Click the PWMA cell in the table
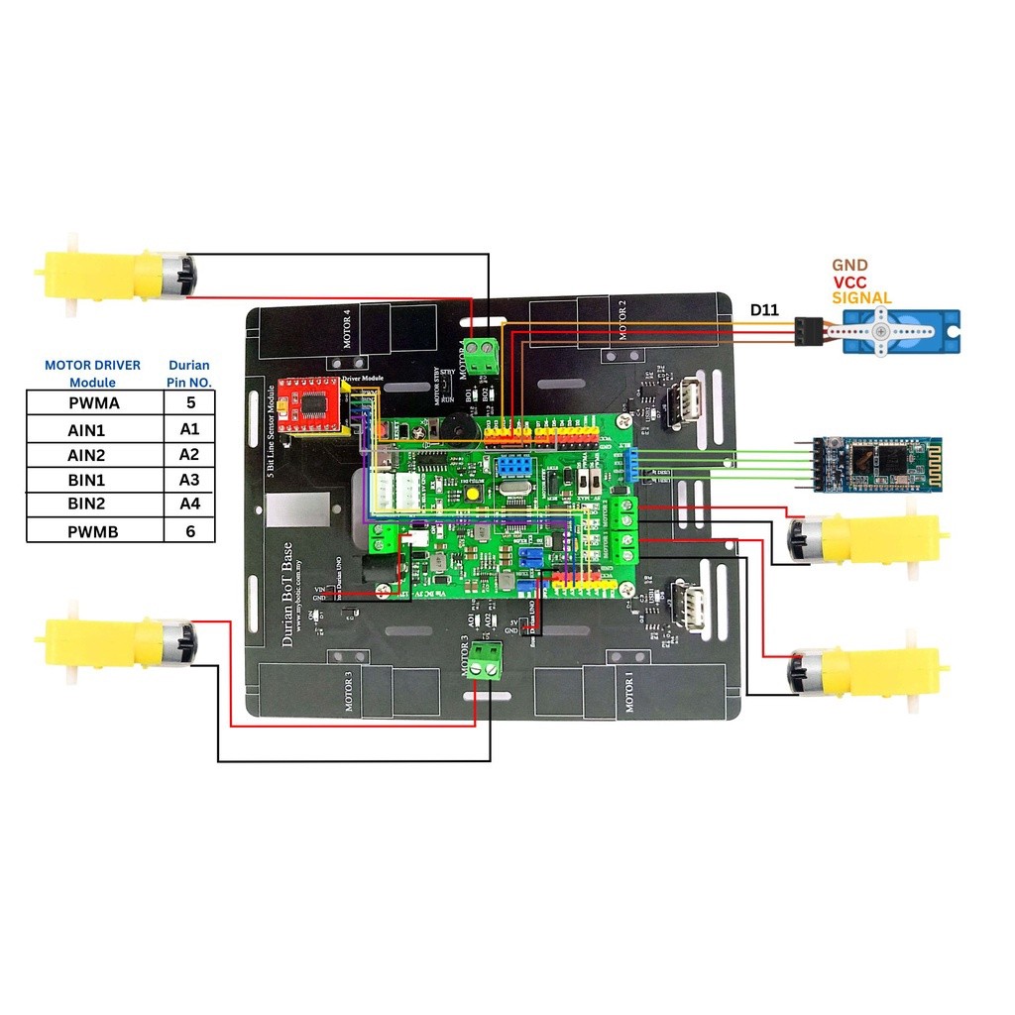(94, 403)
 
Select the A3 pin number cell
(189, 480)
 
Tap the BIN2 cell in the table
(94, 505)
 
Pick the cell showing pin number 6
(189, 531)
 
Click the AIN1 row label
(94, 429)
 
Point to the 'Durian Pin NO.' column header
(189, 373)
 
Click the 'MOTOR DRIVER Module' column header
(92, 373)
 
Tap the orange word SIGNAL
(861, 297)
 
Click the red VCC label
(849, 282)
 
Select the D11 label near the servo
(763, 310)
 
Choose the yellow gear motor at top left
(114, 275)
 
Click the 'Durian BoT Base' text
(287, 595)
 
